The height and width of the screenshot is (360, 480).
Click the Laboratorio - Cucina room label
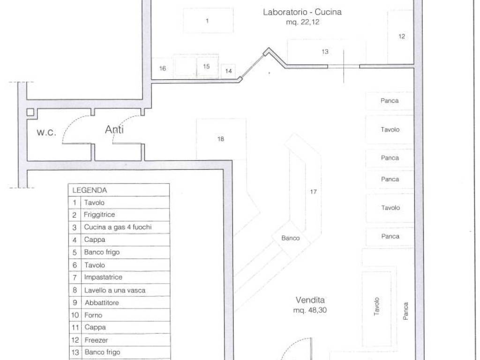pyautogui.click(x=302, y=12)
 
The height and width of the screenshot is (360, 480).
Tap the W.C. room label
pyautogui.click(x=46, y=132)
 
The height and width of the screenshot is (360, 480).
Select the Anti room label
pyautogui.click(x=114, y=129)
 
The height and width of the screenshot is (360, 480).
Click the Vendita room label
pyautogui.click(x=310, y=300)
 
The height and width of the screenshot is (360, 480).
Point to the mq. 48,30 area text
pyautogui.click(x=310, y=310)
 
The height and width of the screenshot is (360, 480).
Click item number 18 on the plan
pyautogui.click(x=221, y=139)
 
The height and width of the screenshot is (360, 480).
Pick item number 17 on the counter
pyautogui.click(x=313, y=192)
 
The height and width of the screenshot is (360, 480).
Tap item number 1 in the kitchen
pyautogui.click(x=207, y=21)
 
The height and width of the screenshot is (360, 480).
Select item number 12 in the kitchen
pyautogui.click(x=402, y=37)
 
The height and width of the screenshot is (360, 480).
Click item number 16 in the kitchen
pyautogui.click(x=163, y=68)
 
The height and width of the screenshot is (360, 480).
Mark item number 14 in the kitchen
pyautogui.click(x=228, y=71)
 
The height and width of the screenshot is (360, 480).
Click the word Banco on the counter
pyautogui.click(x=291, y=238)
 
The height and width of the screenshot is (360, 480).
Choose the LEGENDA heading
pyautogui.click(x=90, y=190)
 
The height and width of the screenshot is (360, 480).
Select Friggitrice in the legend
pyautogui.click(x=99, y=215)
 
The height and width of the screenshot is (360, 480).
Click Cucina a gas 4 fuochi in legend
pyautogui.click(x=118, y=227)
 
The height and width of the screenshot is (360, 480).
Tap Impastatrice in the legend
pyautogui.click(x=103, y=277)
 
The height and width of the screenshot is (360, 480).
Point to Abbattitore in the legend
pyautogui.click(x=102, y=303)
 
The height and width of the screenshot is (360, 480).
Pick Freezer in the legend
pyautogui.click(x=96, y=340)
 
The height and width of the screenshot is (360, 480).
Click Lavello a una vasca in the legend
pyautogui.click(x=115, y=290)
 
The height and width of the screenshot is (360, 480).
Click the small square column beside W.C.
pyautogui.click(x=30, y=112)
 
